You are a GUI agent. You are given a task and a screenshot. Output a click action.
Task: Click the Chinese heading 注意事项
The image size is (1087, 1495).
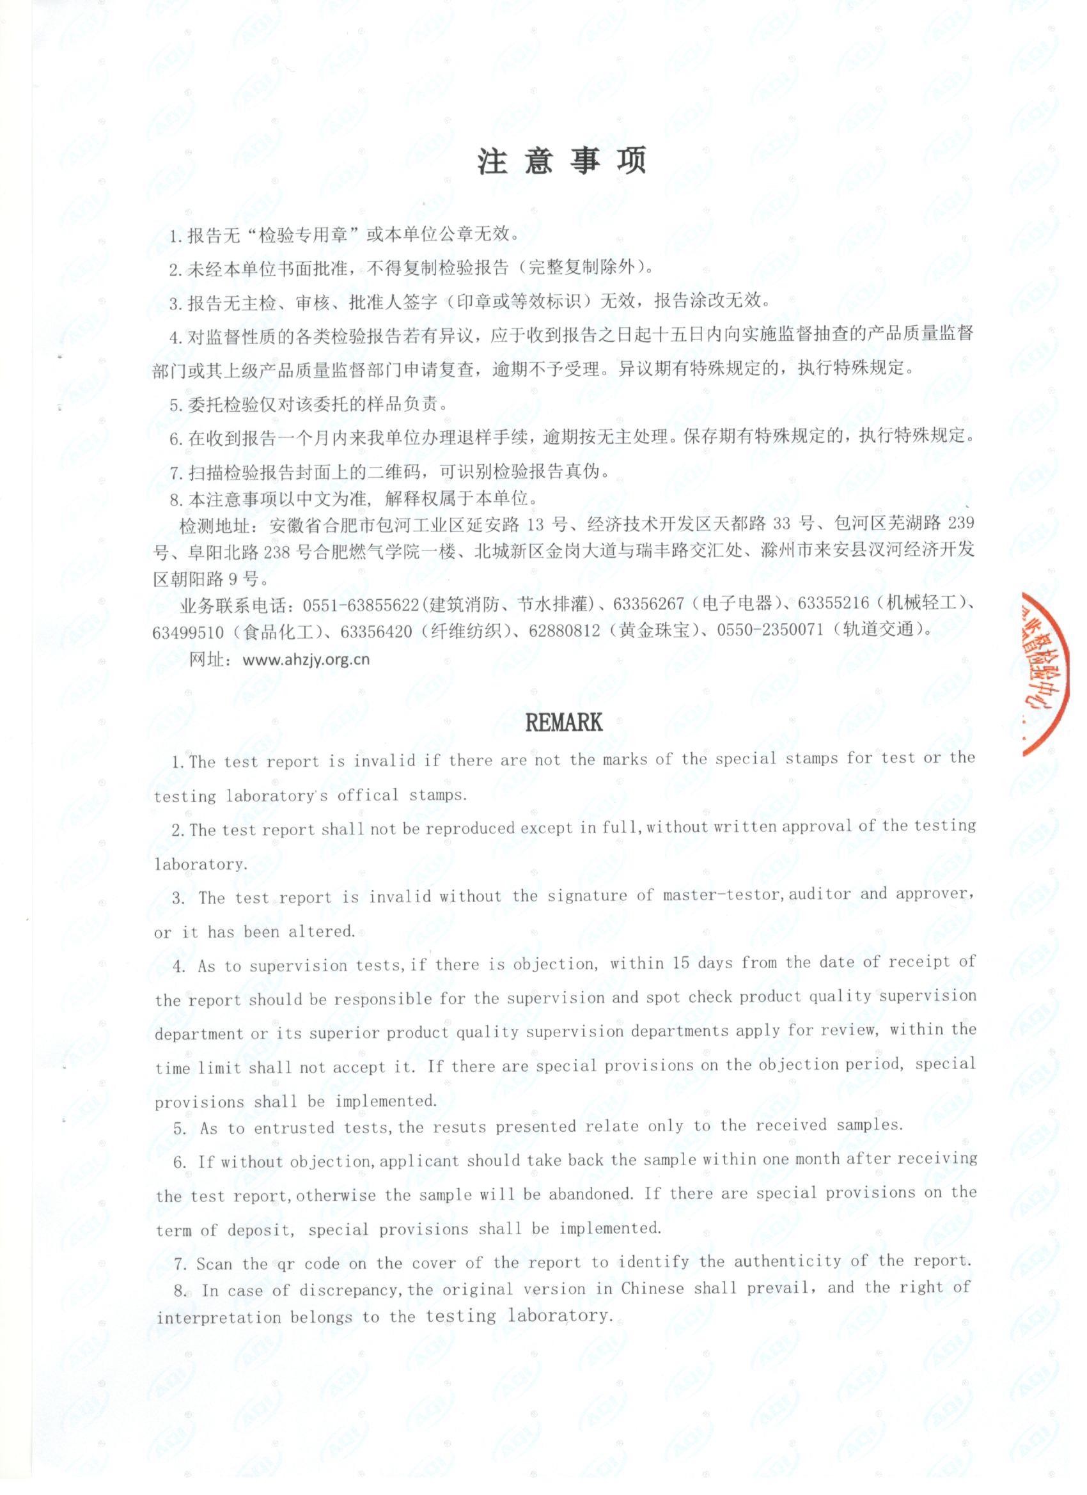pos(561,161)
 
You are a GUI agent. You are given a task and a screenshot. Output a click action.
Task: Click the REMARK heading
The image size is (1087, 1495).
pos(563,723)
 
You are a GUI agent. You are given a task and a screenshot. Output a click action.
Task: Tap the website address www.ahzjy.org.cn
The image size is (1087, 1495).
pos(306,659)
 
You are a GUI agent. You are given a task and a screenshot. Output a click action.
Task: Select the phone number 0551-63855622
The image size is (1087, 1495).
pos(361,604)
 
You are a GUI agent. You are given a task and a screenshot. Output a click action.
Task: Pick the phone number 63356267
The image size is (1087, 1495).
pos(648,604)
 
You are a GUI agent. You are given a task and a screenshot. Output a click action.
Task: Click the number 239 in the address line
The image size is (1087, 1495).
pos(960,524)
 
